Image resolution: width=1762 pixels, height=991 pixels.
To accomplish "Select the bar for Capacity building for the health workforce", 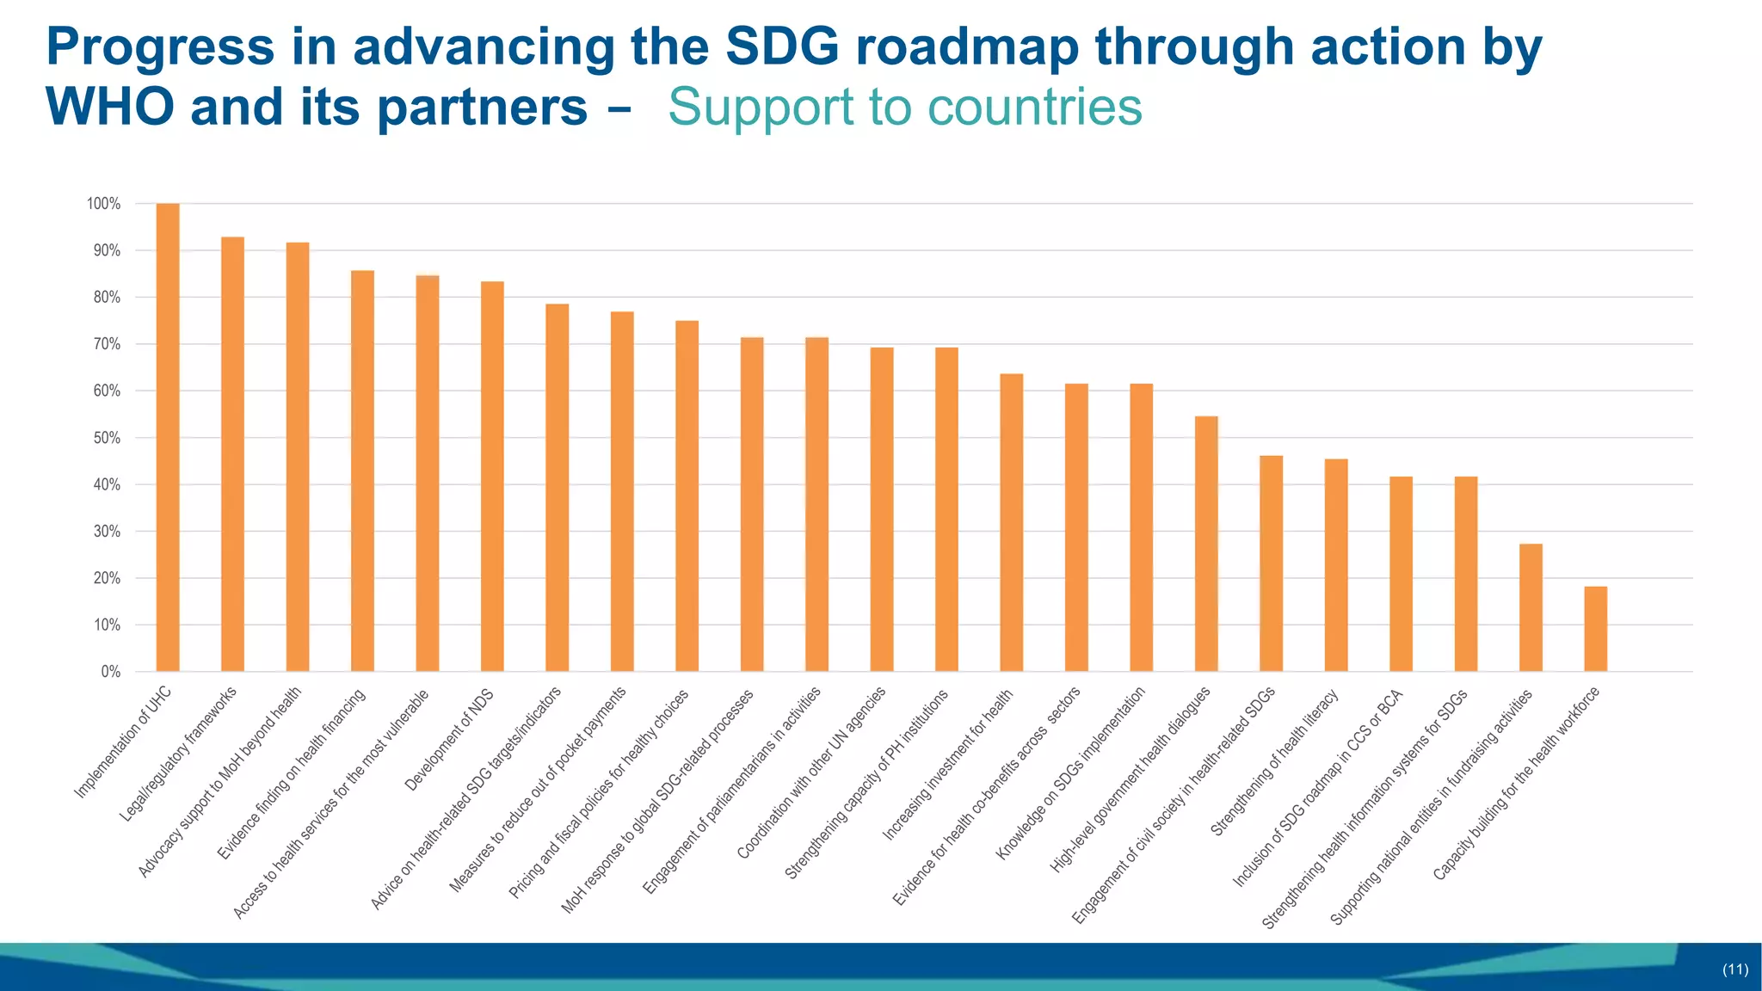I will [1595, 629].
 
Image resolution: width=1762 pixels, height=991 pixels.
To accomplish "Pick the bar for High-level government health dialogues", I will [1206, 544].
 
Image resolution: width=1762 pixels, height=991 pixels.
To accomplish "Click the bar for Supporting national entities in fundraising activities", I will [1531, 607].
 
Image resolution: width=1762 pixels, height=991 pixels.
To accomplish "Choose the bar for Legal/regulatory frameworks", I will [232, 454].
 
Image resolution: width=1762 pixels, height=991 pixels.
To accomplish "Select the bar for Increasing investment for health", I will [1011, 522].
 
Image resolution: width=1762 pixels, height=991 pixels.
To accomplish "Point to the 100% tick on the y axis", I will [103, 204].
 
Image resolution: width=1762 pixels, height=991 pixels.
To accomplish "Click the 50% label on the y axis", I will [107, 438].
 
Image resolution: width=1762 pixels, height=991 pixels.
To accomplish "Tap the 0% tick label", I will [110, 672].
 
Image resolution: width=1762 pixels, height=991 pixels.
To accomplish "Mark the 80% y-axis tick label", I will [107, 298].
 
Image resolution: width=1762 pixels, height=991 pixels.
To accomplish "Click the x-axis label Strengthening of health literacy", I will [1274, 763].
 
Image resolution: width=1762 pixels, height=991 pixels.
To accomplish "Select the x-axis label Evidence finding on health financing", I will [292, 774].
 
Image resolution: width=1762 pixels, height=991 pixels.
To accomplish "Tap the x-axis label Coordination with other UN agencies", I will [811, 773].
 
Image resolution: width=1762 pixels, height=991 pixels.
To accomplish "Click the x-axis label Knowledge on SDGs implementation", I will [1070, 773].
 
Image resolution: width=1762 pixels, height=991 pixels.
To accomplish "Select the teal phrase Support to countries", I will [905, 108].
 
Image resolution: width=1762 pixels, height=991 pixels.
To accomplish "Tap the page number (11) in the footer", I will [1734, 969].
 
